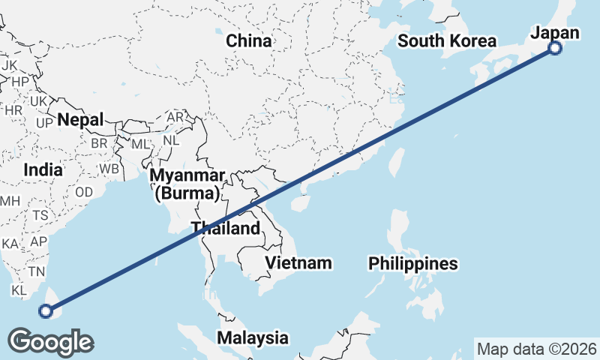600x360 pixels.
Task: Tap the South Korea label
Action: pyautogui.click(x=447, y=41)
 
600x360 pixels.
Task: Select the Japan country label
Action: pyautogui.click(x=555, y=32)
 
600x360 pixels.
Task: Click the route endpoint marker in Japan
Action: pyautogui.click(x=555, y=49)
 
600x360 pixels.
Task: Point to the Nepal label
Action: pyautogui.click(x=80, y=119)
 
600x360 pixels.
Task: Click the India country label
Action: pyautogui.click(x=43, y=170)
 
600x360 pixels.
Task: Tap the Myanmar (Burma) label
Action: pyautogui.click(x=187, y=184)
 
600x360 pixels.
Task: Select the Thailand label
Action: pyautogui.click(x=225, y=229)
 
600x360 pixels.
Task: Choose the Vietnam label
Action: pyautogui.click(x=298, y=262)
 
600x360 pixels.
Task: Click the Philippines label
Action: pyautogui.click(x=412, y=264)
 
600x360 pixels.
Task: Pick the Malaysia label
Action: pyautogui.click(x=253, y=337)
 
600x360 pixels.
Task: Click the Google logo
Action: pyautogui.click(x=50, y=342)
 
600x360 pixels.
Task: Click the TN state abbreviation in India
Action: pyautogui.click(x=36, y=271)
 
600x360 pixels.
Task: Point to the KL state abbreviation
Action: pyautogui.click(x=19, y=289)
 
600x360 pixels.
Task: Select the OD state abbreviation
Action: pyautogui.click(x=84, y=192)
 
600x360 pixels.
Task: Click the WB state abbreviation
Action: pyautogui.click(x=109, y=169)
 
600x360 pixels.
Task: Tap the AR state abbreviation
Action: pyautogui.click(x=175, y=118)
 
